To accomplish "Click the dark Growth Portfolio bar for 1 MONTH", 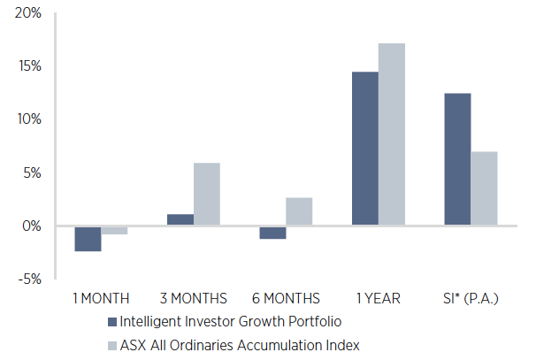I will pos(88,239).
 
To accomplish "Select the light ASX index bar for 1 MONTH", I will pos(114,230).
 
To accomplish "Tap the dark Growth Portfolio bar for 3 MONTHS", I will pos(180,220).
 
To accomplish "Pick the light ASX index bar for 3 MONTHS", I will pos(207,195).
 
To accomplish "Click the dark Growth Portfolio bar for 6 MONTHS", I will pos(272,233).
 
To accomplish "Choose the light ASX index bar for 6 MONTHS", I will pos(299,211).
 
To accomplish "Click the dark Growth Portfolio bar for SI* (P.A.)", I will pos(457,159).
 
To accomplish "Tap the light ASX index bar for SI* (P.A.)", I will pos(484,188).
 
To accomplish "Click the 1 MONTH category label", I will pos(100,298).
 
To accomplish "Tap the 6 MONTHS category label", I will pos(285,298).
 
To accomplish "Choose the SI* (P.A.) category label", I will pos(470,298).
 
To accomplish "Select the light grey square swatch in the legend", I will pos(111,345).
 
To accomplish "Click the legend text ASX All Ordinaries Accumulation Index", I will pos(239,345).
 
